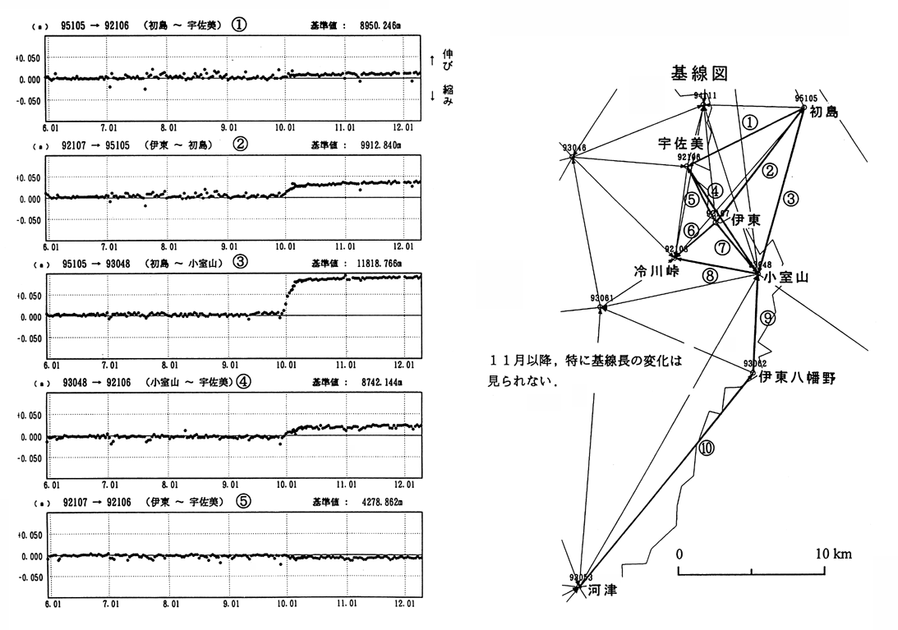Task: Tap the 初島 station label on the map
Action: click(825, 113)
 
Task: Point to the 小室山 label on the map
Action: click(786, 278)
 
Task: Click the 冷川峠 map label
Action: click(655, 270)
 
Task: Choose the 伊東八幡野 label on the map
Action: click(797, 377)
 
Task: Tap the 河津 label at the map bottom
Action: click(602, 590)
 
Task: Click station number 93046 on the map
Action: click(574, 148)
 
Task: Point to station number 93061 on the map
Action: click(601, 297)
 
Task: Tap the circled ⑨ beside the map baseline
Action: click(767, 317)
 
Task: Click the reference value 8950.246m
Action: click(386, 25)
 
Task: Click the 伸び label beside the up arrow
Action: click(448, 58)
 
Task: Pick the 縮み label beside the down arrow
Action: click(448, 94)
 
